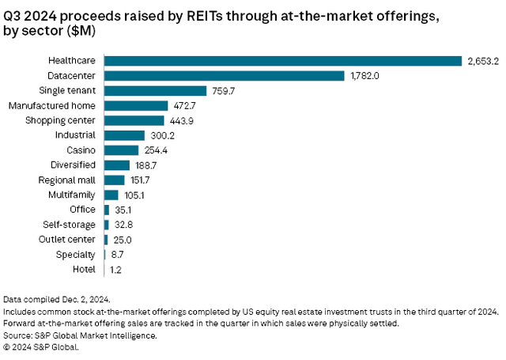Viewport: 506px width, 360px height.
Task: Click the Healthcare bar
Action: (x=282, y=61)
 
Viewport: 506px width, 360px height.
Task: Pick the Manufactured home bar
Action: (x=136, y=105)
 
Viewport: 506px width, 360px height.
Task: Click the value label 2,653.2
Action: (x=481, y=61)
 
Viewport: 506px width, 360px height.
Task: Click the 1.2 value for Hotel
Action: (x=115, y=269)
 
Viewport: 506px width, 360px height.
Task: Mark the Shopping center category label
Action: (x=60, y=120)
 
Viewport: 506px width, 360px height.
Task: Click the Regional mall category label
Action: (x=68, y=180)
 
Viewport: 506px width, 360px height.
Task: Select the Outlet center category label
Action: (x=68, y=239)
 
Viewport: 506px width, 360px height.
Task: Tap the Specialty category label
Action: (x=76, y=254)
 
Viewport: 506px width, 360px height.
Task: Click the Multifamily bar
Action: (x=111, y=195)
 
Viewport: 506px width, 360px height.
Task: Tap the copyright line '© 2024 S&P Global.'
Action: (x=43, y=346)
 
